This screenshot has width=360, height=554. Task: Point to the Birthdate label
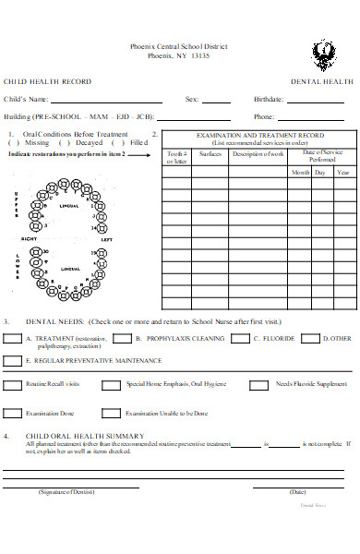click(x=269, y=99)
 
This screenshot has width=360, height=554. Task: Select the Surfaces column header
click(x=210, y=153)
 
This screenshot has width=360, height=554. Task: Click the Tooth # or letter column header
click(x=176, y=157)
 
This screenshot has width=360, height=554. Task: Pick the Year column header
click(x=342, y=172)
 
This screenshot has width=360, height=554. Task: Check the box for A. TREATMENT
click(x=13, y=338)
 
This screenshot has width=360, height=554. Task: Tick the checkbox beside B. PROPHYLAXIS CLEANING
click(x=123, y=338)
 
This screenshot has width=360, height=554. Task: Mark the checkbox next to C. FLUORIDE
click(x=241, y=338)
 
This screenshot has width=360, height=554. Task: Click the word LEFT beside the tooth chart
click(x=106, y=240)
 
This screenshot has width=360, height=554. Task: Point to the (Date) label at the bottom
click(x=297, y=492)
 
